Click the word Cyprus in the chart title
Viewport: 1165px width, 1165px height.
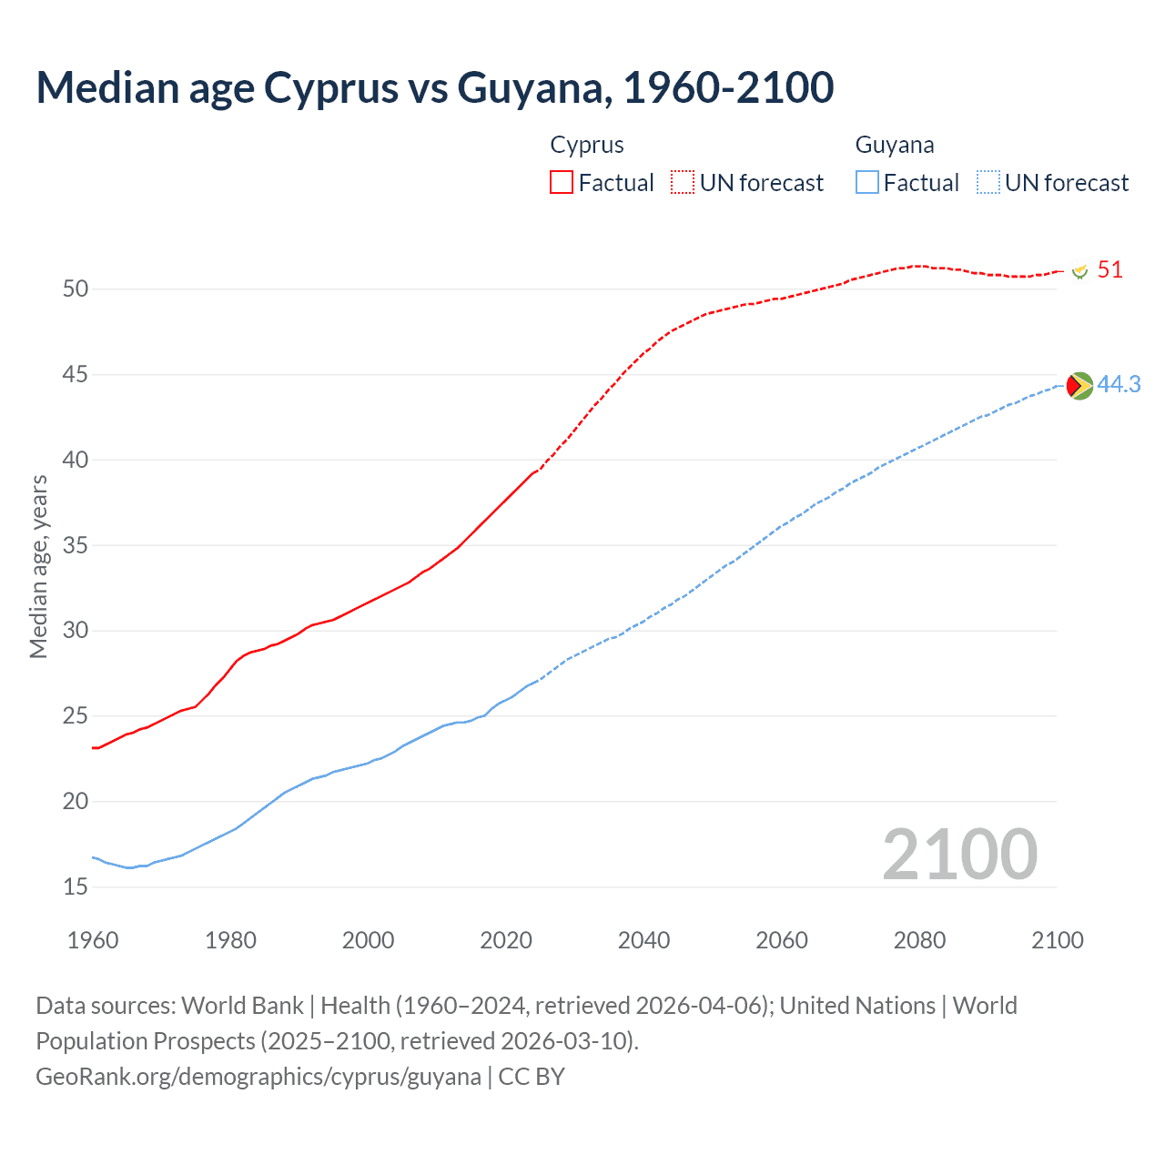(331, 87)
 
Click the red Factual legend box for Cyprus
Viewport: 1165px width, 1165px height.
(562, 182)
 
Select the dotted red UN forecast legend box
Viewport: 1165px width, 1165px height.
(683, 182)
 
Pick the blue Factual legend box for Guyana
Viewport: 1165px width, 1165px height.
(867, 182)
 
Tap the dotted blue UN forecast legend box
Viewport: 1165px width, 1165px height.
(988, 182)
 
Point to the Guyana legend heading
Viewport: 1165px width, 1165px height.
(894, 145)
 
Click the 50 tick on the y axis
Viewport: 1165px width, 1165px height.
(76, 289)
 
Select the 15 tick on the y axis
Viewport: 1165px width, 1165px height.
(76, 886)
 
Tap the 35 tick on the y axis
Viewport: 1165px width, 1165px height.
(76, 545)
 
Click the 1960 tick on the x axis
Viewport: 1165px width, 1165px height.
(93, 940)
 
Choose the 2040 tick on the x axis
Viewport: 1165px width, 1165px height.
(643, 940)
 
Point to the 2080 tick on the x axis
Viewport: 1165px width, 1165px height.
(919, 940)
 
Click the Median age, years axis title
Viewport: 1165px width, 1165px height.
(38, 566)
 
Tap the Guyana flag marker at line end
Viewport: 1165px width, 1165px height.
(1079, 386)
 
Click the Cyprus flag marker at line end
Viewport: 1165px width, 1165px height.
(1080, 271)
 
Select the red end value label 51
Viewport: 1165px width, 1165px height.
(1109, 270)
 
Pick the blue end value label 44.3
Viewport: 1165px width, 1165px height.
(1119, 385)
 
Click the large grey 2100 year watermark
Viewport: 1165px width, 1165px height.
(959, 854)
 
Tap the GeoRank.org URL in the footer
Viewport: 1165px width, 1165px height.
(258, 1076)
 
